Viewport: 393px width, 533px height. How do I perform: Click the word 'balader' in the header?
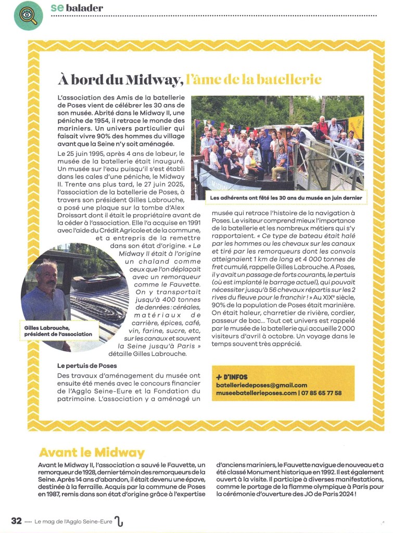point(84,8)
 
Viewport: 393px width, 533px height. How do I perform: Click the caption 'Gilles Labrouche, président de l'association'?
point(58,330)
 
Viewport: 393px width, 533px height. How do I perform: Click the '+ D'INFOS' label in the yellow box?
point(232,377)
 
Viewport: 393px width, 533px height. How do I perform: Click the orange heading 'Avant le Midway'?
point(91,452)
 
